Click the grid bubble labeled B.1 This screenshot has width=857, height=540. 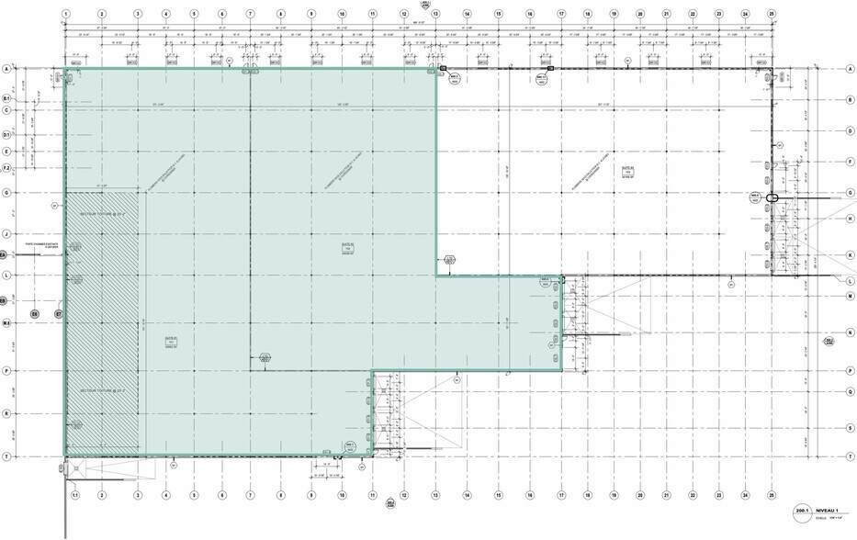point(6,98)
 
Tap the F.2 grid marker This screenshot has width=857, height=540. point(6,169)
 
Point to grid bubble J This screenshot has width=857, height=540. point(6,234)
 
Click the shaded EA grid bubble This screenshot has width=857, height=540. point(3,254)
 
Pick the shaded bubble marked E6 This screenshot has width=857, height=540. point(35,314)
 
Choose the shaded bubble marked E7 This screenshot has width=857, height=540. point(59,314)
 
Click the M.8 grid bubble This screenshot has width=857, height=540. point(6,323)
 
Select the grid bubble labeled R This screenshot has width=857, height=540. point(6,413)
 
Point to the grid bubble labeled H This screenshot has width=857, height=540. point(851,218)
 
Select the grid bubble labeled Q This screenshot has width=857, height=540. point(851,392)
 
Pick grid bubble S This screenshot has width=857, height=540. point(851,434)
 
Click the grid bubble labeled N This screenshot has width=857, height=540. point(851,349)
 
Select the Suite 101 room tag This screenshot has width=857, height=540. point(171,340)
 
